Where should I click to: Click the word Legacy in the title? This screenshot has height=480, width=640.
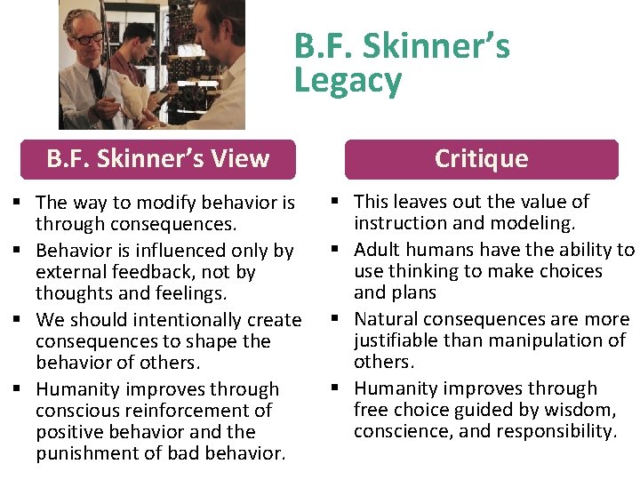[x=348, y=81]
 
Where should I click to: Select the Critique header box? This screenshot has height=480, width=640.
[x=481, y=159]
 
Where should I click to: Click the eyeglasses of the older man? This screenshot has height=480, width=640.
[x=89, y=38]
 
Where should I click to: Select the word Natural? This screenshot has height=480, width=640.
[x=386, y=319]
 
